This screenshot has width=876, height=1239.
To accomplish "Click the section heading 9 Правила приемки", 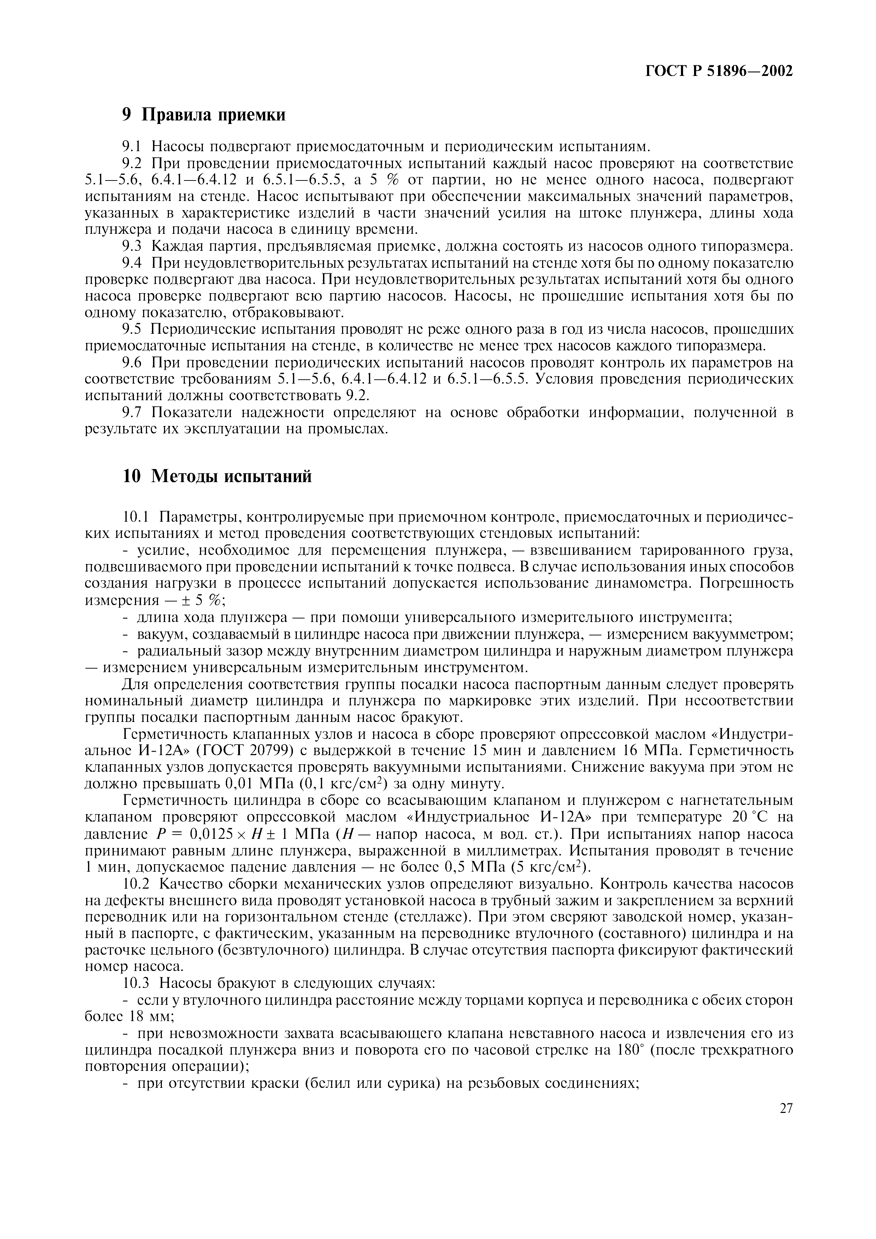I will tap(204, 114).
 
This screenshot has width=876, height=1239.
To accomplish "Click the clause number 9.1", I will tap(131, 146).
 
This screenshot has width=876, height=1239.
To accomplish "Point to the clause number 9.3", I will tap(131, 247).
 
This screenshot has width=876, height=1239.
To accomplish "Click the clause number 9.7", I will tap(131, 413).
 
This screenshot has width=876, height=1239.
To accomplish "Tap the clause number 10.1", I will tap(135, 517).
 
